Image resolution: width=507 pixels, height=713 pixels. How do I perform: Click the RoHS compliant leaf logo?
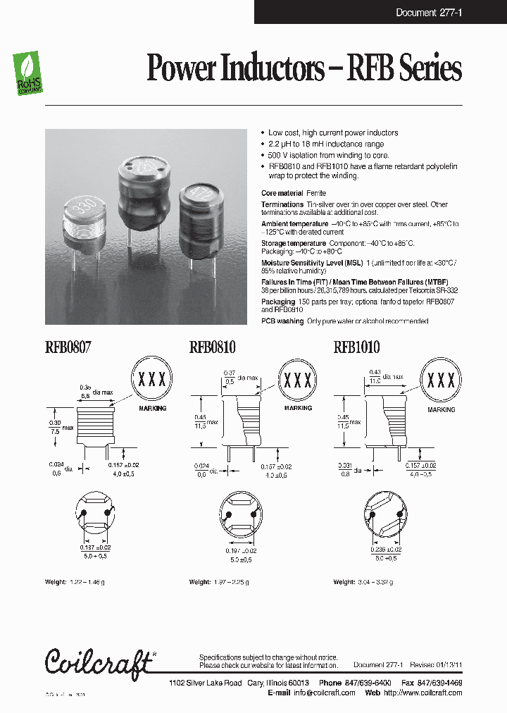tap(29, 75)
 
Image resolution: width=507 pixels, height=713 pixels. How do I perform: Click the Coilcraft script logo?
tap(98, 662)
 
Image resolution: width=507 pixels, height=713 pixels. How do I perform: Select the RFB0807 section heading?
tap(68, 347)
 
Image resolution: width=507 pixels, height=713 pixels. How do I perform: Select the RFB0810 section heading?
tap(212, 347)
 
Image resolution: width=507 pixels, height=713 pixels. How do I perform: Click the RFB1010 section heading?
tap(356, 347)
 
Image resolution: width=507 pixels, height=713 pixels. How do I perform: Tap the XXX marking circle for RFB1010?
tap(442, 381)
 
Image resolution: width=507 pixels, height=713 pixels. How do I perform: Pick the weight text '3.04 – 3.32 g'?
tap(374, 582)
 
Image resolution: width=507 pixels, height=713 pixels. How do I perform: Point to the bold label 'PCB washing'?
tap(282, 321)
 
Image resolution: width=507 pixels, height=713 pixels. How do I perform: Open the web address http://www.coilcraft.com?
tap(423, 693)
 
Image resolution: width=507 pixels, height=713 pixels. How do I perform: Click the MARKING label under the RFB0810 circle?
tap(297, 409)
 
